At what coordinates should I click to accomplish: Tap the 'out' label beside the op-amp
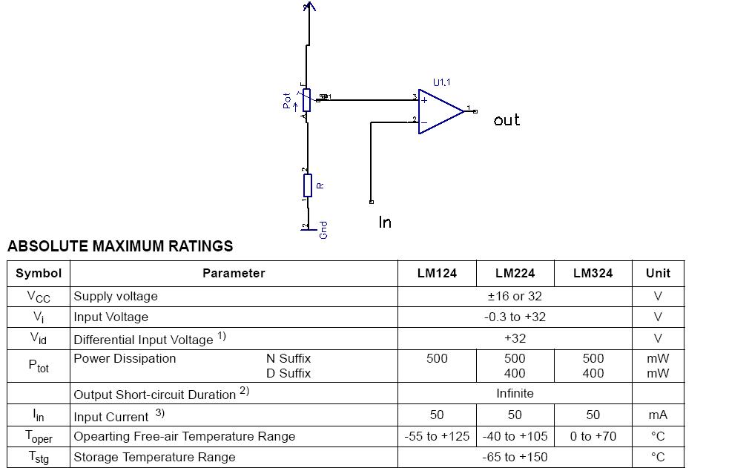tap(507, 120)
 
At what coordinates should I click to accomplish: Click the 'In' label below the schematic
tap(385, 222)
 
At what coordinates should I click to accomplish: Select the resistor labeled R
tap(307, 185)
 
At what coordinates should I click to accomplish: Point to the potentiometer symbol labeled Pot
tap(306, 99)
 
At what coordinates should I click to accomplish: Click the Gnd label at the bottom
tap(323, 230)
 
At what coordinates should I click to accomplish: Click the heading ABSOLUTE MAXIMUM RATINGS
tap(120, 246)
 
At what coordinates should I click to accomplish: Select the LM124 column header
tap(437, 273)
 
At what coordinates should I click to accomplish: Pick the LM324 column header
tap(593, 273)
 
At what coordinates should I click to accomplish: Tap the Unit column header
tap(658, 273)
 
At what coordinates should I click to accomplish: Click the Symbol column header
tap(39, 273)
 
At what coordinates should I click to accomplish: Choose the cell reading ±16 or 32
tap(515, 296)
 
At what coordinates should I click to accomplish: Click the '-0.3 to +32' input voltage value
tap(515, 317)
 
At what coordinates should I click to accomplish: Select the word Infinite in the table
tap(515, 393)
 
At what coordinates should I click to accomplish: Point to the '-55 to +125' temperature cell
tap(437, 436)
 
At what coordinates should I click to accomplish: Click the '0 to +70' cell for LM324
tap(593, 436)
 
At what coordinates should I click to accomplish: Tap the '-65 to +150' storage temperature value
tap(515, 457)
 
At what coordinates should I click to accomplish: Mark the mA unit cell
tap(658, 415)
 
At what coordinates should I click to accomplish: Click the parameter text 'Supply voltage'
tap(116, 296)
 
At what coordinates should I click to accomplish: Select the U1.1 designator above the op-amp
tap(442, 82)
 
